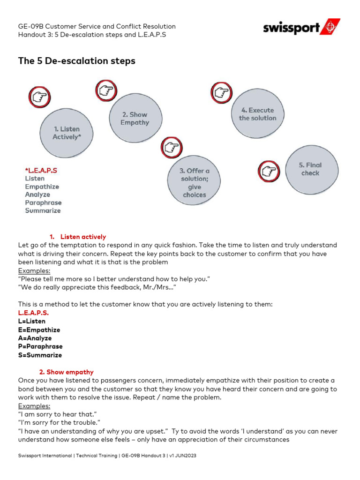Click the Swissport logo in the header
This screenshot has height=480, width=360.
point(301,28)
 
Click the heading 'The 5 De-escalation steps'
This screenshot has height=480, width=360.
point(76,61)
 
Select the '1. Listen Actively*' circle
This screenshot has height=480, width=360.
point(66,133)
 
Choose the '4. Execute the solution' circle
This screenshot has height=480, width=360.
point(257,114)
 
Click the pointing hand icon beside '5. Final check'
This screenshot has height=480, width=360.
point(269,172)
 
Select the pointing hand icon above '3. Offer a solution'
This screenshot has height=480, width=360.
point(172,147)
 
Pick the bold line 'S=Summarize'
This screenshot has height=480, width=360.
point(40,355)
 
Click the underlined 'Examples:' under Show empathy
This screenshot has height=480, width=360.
point(34,406)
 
